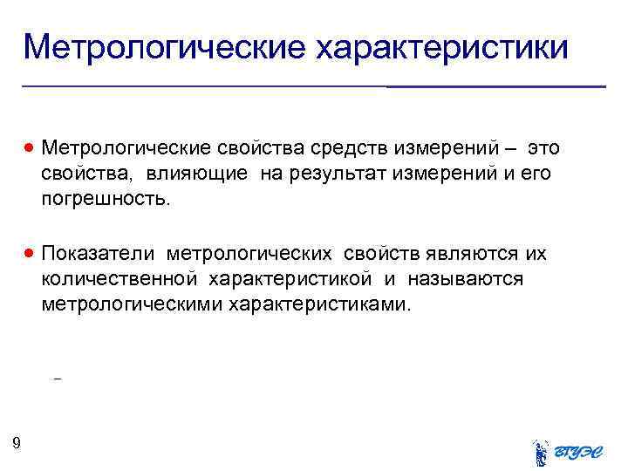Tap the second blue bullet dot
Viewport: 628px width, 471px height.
pyautogui.click(x=30, y=254)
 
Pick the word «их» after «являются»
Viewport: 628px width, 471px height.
pyautogui.click(x=536, y=254)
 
